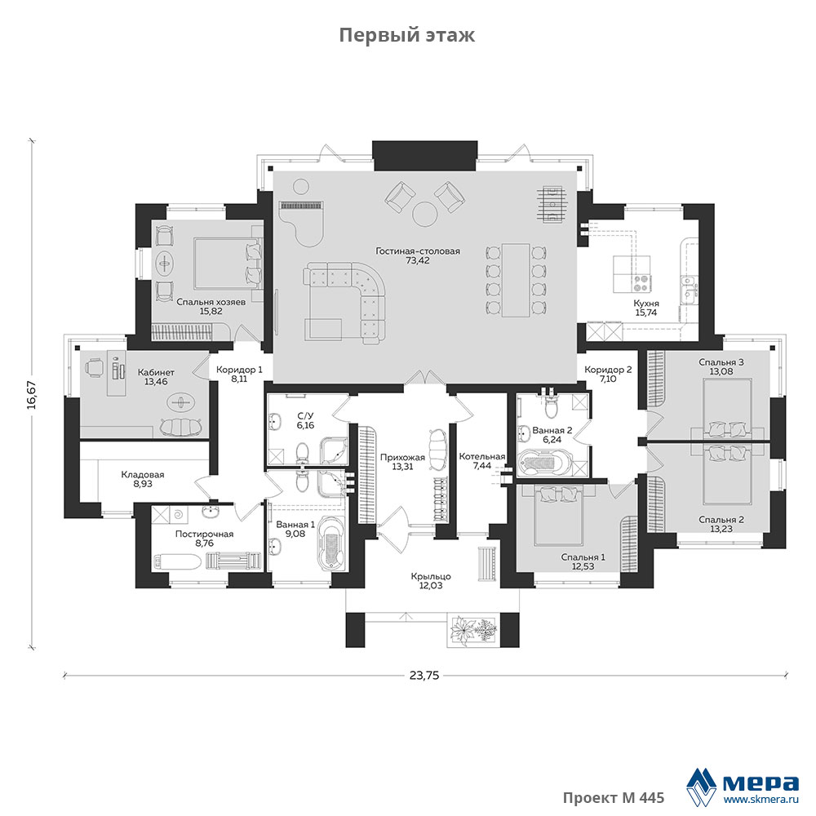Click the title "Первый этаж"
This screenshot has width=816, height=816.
tap(407, 35)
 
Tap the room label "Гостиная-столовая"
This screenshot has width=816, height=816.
tap(418, 251)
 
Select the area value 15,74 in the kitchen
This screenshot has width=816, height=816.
tap(645, 313)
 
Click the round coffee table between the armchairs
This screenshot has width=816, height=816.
tap(424, 213)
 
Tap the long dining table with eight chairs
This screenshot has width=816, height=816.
tap(516, 280)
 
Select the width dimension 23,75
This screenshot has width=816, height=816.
tap(424, 676)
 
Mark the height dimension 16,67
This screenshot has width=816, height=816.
tap(32, 394)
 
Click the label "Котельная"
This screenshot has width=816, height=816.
tap(482, 456)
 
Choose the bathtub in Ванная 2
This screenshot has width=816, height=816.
tap(546, 463)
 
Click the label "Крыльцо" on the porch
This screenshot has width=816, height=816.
tap(431, 576)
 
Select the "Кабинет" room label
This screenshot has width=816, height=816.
tap(156, 373)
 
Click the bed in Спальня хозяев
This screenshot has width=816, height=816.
tap(228, 264)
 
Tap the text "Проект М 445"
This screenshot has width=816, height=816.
tap(614, 798)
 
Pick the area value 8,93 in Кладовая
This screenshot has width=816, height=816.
tap(143, 484)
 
